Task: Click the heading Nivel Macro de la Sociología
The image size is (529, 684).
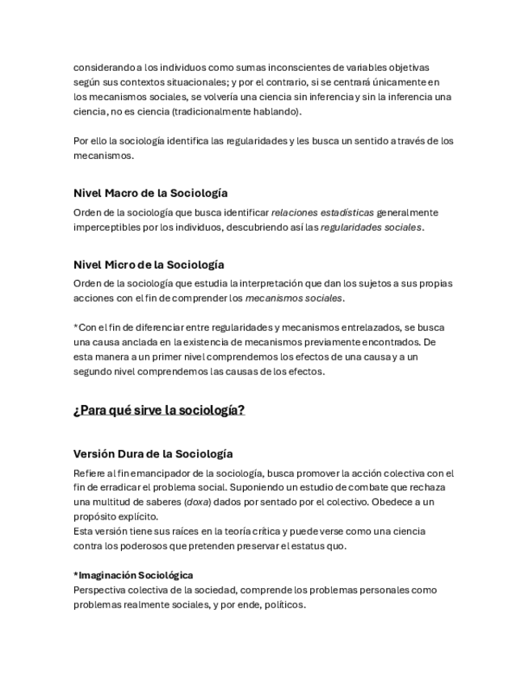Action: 150,194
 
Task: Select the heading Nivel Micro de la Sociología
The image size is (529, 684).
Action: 149,265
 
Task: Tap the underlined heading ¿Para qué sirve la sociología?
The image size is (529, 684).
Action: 159,411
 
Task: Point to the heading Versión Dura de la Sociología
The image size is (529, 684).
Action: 153,454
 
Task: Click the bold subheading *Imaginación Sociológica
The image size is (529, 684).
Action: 133,575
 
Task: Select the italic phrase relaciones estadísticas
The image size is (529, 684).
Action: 322,213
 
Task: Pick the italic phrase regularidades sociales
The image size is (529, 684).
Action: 371,227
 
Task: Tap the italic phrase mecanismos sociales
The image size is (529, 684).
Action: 294,298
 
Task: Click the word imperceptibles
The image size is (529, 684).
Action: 106,227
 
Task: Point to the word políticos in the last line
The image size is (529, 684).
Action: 283,604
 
